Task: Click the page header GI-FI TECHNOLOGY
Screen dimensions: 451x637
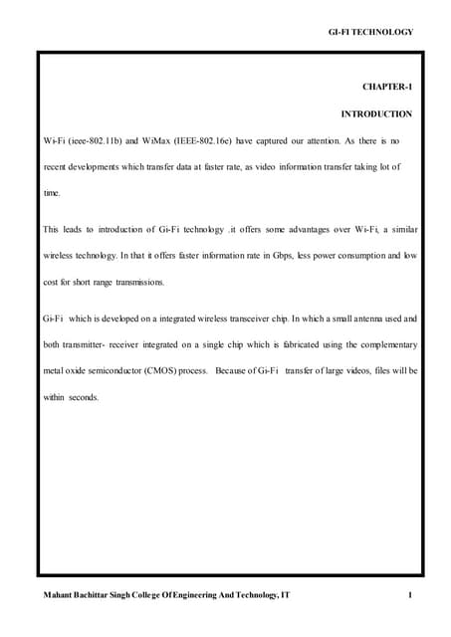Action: (369, 33)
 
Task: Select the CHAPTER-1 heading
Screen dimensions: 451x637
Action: (386, 88)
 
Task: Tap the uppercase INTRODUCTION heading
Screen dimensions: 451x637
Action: (375, 114)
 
